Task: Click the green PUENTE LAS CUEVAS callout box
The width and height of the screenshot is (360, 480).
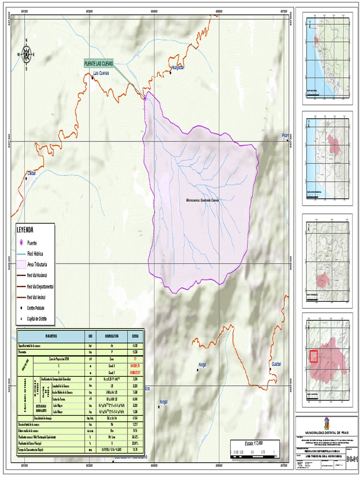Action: tap(101, 63)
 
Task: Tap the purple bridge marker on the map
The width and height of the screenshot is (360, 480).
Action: tap(145, 99)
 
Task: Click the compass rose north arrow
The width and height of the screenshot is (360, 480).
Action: tap(26, 54)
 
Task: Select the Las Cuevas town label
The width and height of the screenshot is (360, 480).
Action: tap(101, 73)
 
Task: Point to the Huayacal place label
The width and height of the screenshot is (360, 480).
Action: tap(178, 67)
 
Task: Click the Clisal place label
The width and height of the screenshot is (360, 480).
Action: tap(32, 173)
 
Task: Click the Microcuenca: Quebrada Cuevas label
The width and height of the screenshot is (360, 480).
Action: tap(202, 200)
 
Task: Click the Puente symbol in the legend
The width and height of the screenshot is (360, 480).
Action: tap(22, 243)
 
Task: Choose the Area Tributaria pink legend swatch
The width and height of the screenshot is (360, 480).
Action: tap(22, 264)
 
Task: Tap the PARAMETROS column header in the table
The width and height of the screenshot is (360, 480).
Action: tap(52, 336)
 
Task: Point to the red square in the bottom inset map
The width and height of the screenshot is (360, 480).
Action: tap(314, 356)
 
